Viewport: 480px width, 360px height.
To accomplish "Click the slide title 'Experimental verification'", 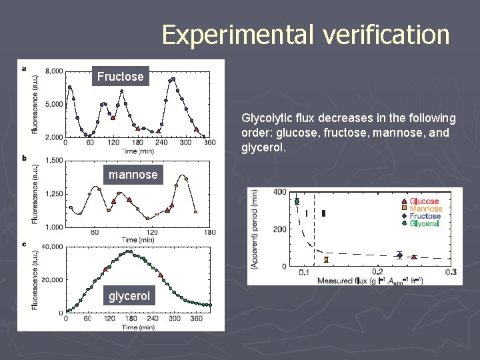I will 305,35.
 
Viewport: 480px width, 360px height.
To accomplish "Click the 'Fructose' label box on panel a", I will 120,77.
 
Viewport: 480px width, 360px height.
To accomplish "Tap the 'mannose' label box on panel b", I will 133,175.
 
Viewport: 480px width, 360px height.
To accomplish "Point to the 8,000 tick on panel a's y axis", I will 54,71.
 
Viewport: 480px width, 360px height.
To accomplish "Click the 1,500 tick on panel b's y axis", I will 54,161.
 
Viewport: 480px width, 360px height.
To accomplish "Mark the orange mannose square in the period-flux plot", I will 326,259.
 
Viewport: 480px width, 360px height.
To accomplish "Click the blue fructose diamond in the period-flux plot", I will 399,255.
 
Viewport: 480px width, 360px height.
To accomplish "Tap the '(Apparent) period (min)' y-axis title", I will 254,229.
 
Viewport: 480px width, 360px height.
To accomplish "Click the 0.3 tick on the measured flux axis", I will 451,272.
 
